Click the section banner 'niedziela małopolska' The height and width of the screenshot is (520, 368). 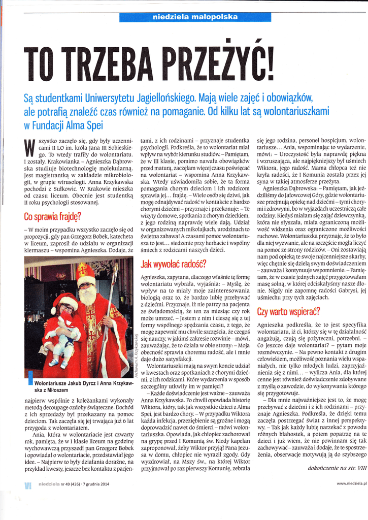pyautogui.click(x=195, y=17)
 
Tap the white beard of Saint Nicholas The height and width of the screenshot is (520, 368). pyautogui.click(x=87, y=295)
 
